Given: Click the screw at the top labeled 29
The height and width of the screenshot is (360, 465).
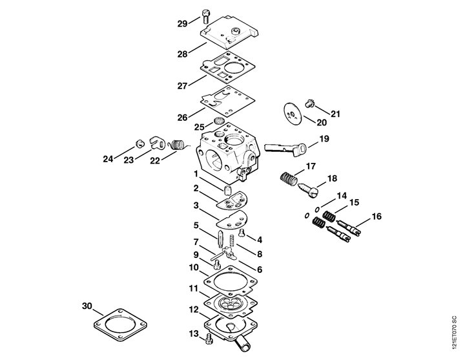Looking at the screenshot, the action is pos(205,16).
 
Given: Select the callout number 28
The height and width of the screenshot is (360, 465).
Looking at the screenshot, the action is pos(182,54).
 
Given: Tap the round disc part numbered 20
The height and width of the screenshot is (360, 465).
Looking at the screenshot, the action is pos(293,114).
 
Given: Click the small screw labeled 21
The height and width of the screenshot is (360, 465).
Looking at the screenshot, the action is pos(309,104).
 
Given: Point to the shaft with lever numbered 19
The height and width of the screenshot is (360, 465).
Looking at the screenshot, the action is pos(285,149).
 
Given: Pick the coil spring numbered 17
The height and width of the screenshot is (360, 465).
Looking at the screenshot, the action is pos(289,179).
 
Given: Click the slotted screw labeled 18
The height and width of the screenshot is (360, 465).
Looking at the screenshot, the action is pos(308,189).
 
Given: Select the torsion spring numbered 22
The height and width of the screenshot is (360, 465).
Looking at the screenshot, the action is pos(178,145).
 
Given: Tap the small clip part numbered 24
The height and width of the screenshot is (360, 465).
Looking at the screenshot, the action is pos(139,143).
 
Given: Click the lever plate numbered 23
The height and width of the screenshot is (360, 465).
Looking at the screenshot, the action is pos(156,142).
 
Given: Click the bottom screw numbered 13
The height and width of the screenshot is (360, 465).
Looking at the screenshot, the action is pos(209,338).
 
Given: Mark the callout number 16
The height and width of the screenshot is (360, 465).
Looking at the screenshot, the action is pos(377,217).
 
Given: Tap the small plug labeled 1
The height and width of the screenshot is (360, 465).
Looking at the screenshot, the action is pos(227,190).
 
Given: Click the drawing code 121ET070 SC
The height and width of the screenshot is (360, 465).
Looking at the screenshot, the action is pos(455,333).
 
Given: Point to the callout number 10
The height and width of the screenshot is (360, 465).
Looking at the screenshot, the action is pos(194,268).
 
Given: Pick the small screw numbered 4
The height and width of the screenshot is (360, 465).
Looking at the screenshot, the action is pos(242,233).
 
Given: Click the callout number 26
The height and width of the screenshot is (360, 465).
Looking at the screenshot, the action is pos(182,118).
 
